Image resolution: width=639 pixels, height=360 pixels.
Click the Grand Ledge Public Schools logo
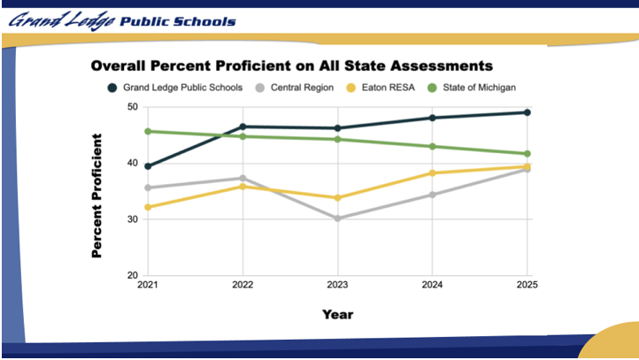[122, 19]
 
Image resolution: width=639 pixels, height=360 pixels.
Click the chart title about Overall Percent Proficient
[291, 65]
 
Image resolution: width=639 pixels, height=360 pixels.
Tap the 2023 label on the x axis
[337, 285]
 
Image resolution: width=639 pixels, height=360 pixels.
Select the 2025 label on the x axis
[527, 285]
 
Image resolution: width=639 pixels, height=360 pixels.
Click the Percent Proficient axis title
[97, 196]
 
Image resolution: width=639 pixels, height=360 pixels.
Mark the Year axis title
[337, 314]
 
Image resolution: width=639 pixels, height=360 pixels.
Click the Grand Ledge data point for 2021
[148, 166]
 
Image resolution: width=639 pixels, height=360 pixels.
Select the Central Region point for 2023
[337, 218]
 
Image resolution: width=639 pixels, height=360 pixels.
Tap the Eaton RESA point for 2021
[148, 207]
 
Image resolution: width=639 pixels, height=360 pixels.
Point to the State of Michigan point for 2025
[527, 154]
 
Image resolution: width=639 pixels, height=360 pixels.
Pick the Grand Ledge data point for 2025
[527, 112]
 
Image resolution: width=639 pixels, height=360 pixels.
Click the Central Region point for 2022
[243, 179]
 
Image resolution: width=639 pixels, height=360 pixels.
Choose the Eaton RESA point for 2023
[337, 197]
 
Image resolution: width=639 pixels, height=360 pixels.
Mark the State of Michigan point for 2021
[148, 132]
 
